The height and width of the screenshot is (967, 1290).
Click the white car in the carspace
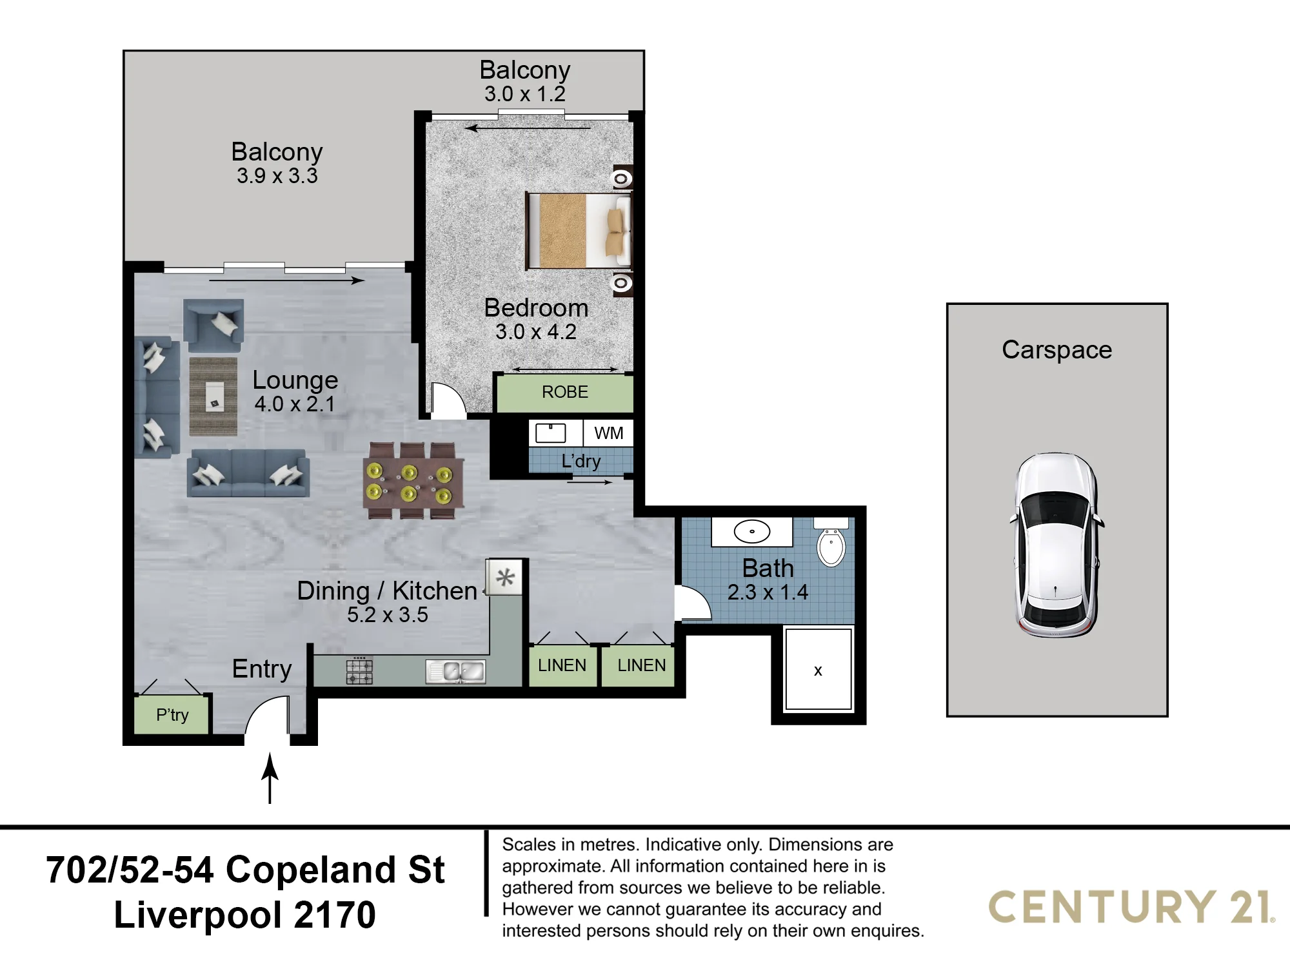pos(1057,545)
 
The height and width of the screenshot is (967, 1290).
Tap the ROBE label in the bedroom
pos(564,392)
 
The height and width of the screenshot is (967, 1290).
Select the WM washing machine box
pos(608,433)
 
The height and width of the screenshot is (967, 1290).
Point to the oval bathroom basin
pos(752,531)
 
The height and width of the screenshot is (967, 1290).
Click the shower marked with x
pos(818,669)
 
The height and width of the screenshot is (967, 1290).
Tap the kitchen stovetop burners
pos(359,670)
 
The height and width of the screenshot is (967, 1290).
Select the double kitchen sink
pos(455,672)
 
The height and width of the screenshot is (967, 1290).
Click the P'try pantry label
pos(172,715)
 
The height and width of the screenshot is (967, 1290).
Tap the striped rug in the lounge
pos(213,396)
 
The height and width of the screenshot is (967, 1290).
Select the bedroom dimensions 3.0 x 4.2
pos(535,332)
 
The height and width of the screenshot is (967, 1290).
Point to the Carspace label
pos(1057,350)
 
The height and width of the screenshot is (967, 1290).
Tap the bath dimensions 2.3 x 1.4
pos(768,592)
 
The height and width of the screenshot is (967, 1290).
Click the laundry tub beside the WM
pos(550,433)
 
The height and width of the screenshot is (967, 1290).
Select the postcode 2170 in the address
pos(334,915)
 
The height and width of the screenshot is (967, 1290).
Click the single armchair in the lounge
pos(213,324)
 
